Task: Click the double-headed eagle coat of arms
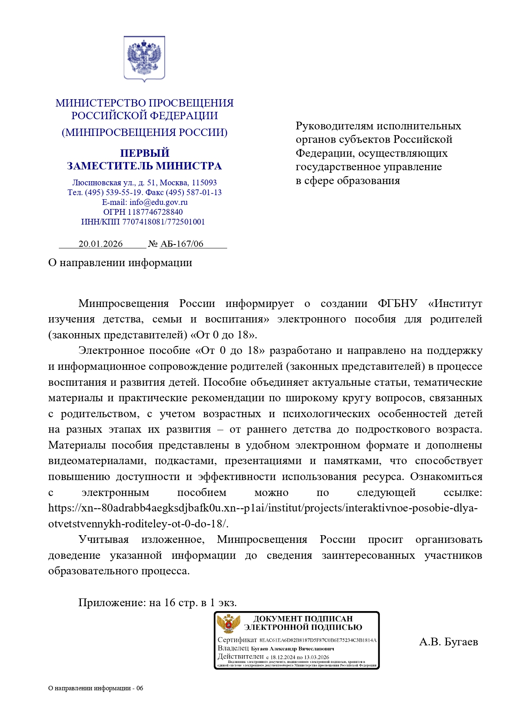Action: pyautogui.click(x=144, y=58)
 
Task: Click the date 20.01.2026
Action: pyautogui.click(x=101, y=244)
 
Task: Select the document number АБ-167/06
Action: pyautogui.click(x=182, y=244)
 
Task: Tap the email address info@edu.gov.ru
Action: pyautogui.click(x=159, y=202)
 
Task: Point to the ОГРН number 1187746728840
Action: pyautogui.click(x=155, y=212)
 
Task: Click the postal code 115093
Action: pyautogui.click(x=204, y=182)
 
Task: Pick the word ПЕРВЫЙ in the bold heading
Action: pyautogui.click(x=145, y=153)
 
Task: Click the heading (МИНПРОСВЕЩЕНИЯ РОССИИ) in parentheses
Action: pyautogui.click(x=145, y=132)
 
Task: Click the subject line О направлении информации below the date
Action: pyautogui.click(x=120, y=262)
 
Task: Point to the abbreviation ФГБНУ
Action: pyautogui.click(x=398, y=303)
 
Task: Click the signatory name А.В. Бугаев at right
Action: pyautogui.click(x=448, y=642)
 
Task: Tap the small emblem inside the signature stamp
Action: pyautogui.click(x=228, y=624)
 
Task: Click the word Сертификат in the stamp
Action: pyautogui.click(x=237, y=640)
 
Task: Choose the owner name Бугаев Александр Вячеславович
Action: pyautogui.click(x=293, y=649)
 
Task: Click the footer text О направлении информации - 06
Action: pyautogui.click(x=96, y=688)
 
